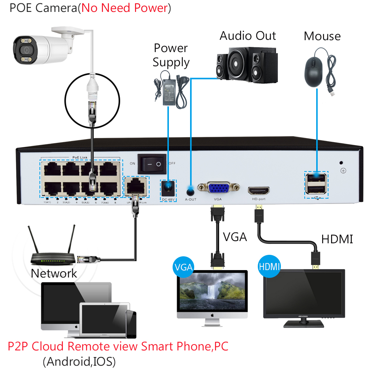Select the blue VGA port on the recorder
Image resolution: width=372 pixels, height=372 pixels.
click(218, 188)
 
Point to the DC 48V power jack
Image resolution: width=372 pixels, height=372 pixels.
click(169, 188)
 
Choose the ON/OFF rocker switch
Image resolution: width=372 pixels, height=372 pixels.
click(152, 164)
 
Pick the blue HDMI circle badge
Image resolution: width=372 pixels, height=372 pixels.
click(269, 267)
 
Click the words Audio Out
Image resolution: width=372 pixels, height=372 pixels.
click(248, 36)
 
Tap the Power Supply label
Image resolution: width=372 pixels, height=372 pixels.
click(171, 55)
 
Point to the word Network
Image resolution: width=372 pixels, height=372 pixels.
click(54, 273)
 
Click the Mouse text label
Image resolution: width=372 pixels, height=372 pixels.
click(322, 36)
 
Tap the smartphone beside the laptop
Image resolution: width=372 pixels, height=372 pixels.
click(131, 324)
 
